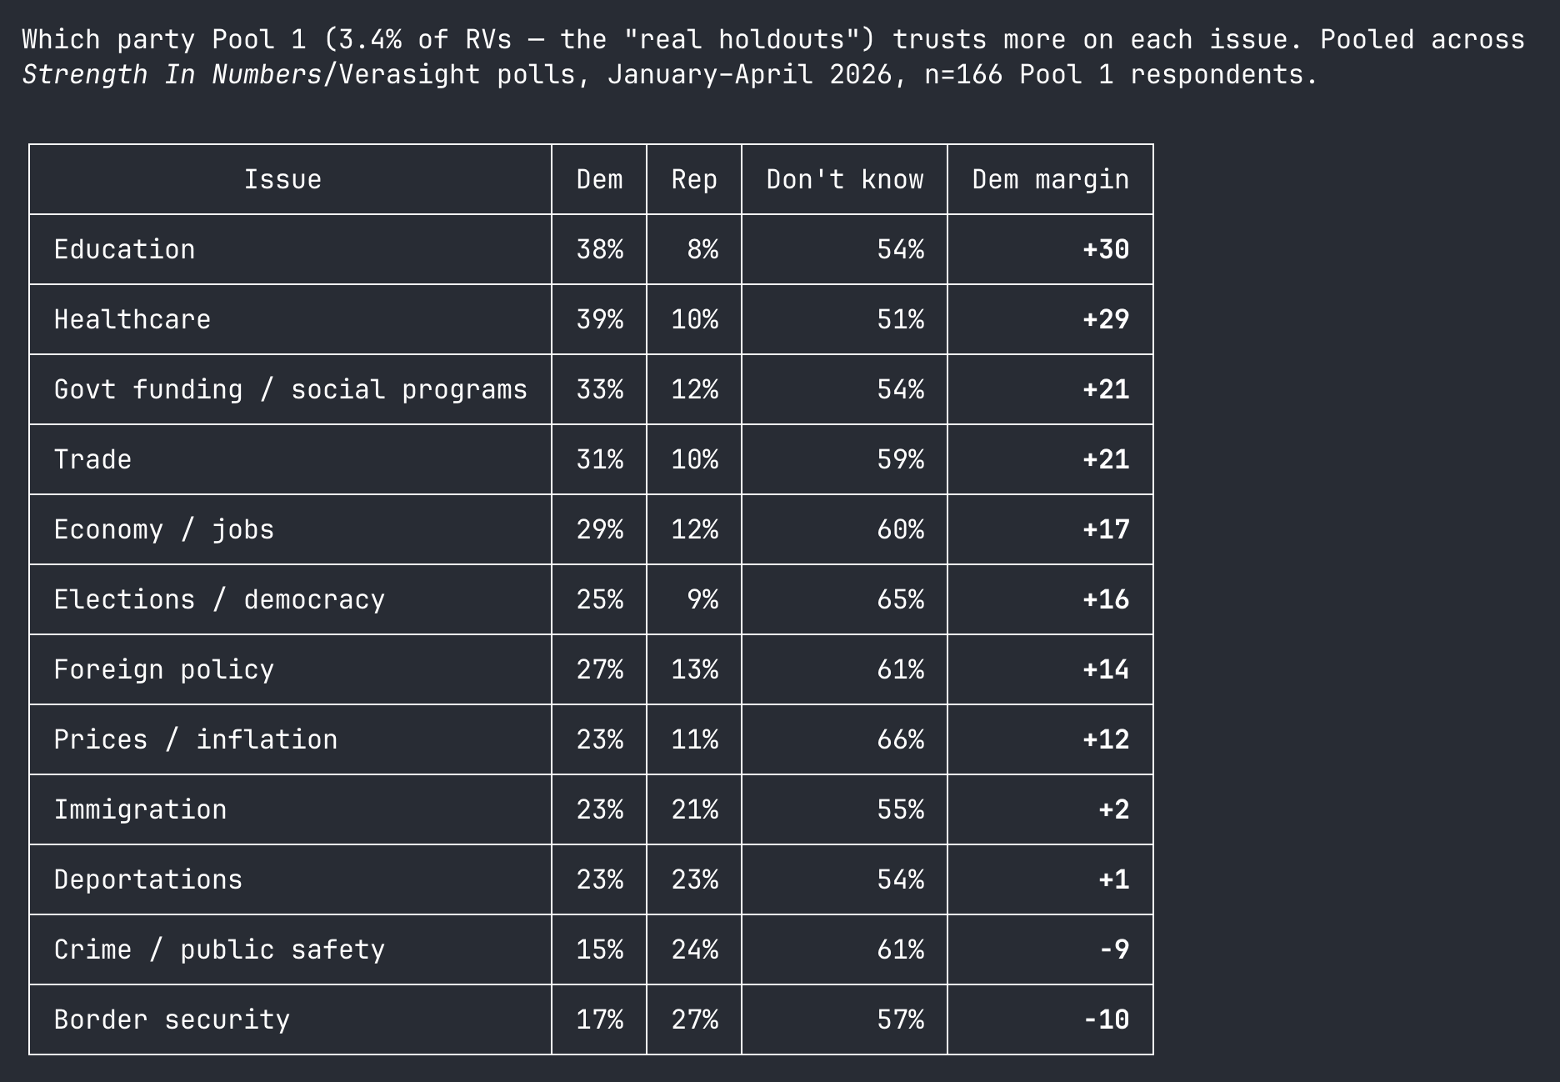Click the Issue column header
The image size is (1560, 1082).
(282, 179)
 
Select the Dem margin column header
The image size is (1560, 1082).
(1050, 179)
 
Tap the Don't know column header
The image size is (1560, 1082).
(845, 179)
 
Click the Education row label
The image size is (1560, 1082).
(124, 249)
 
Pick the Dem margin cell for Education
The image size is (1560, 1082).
(1106, 249)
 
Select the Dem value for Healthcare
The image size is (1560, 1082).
(599, 319)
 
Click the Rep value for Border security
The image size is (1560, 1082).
(694, 1019)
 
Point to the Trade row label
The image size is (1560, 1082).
(92, 459)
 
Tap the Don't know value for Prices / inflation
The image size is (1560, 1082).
(900, 739)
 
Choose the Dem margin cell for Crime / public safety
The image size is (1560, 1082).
(1114, 949)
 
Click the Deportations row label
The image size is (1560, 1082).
(148, 879)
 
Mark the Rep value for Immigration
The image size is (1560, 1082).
(694, 809)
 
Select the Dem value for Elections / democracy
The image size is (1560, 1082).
(599, 599)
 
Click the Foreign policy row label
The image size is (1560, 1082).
(163, 669)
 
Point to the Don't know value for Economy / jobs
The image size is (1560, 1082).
(900, 529)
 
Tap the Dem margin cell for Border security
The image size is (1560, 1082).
(1106, 1019)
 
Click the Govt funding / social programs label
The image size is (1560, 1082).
(290, 389)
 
